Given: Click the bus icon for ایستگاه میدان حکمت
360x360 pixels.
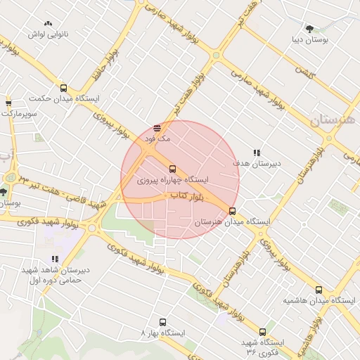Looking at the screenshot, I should coord(65,89).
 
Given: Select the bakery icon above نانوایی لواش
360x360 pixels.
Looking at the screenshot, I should coord(48,23).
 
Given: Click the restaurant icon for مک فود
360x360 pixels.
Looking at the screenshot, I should coord(157,128).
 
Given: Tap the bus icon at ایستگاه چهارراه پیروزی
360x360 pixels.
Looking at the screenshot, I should coord(173,168).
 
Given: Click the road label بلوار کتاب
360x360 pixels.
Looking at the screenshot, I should coord(186,200).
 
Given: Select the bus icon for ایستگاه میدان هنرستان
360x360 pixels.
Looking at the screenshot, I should coord(233,210).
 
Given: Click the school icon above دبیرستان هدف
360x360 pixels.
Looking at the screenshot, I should coord(257,152).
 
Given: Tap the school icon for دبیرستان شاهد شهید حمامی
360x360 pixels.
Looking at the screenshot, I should coord(55,259).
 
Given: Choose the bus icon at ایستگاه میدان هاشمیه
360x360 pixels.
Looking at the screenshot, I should coord(319,289).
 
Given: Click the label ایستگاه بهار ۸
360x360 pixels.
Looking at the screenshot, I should coord(163,331).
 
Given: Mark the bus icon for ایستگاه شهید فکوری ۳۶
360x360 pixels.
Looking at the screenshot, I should coord(262,332).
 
